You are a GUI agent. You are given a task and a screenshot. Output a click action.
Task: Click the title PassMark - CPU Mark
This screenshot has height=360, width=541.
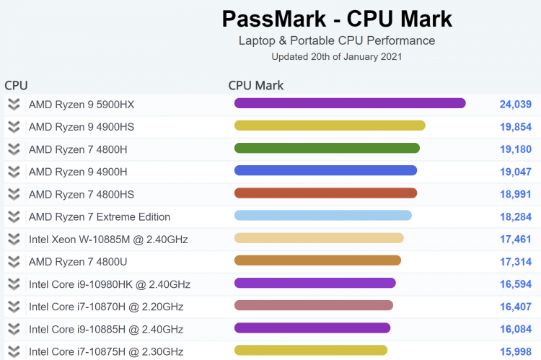[x=337, y=18]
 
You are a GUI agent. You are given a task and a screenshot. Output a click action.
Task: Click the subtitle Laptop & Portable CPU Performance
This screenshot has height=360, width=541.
[x=337, y=40]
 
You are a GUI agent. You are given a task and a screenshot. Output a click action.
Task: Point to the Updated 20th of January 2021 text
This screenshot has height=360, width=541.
[x=337, y=56]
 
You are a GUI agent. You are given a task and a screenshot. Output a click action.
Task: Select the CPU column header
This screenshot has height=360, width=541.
[x=16, y=85]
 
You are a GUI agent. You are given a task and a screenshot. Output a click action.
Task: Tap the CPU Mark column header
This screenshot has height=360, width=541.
[x=256, y=85]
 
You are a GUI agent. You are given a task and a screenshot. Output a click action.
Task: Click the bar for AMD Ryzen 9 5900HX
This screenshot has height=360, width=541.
[x=350, y=104]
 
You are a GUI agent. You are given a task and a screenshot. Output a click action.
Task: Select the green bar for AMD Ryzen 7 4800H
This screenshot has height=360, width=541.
[x=327, y=149]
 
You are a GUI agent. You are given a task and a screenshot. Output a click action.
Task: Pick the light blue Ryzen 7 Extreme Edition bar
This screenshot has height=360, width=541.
[x=322, y=216]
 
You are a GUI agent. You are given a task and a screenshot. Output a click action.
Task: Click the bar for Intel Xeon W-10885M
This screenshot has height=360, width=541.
[x=319, y=238]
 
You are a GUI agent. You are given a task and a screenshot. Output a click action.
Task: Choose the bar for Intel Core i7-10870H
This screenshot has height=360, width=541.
[x=314, y=305]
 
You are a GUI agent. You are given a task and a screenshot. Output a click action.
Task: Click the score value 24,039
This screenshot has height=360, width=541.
[x=515, y=105]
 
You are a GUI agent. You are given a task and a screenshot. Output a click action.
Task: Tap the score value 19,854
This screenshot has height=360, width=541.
[x=515, y=127]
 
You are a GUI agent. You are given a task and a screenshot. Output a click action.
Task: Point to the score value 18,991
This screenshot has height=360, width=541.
[x=515, y=194]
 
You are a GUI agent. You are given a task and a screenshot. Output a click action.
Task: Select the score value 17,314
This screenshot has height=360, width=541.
[x=515, y=261]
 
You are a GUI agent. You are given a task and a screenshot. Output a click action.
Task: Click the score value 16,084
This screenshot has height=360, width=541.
[x=515, y=329]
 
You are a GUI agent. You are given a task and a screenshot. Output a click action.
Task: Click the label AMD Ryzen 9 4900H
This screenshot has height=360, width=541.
[x=78, y=172]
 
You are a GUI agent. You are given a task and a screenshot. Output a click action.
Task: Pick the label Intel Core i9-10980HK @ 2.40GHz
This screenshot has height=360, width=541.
[x=110, y=284]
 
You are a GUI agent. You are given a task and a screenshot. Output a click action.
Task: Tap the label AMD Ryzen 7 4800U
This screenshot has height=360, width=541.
[x=78, y=261]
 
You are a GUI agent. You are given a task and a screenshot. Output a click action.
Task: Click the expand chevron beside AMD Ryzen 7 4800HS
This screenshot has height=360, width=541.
[x=14, y=194]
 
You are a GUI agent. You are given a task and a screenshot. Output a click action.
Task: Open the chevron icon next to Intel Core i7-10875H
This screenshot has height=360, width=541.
[x=14, y=351]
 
